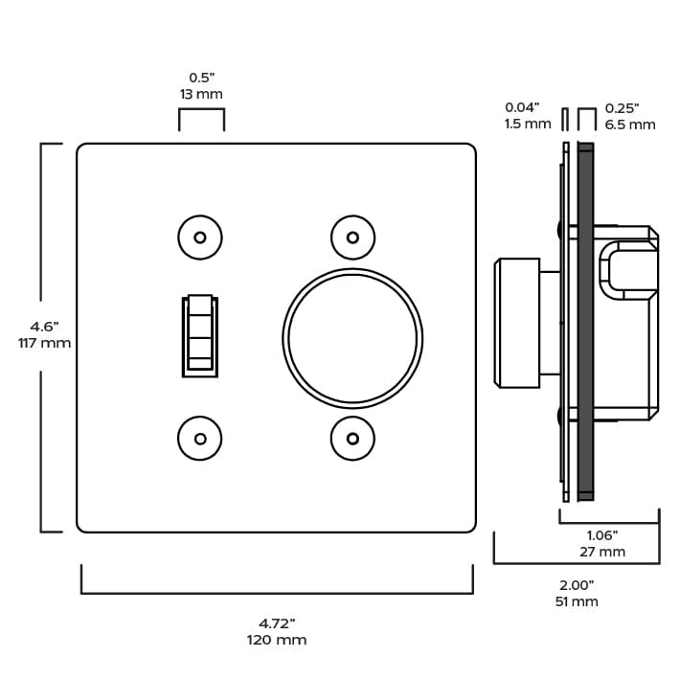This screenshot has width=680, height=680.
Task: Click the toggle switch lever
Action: [199, 333]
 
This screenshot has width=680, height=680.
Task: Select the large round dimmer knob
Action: [352, 337]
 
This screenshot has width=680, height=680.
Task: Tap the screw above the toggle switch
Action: [200, 238]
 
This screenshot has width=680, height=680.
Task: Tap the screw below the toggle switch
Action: [200, 439]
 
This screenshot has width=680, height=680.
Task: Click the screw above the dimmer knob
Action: [352, 238]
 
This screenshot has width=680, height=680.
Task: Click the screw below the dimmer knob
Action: [352, 439]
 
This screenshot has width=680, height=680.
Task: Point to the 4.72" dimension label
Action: [277, 623]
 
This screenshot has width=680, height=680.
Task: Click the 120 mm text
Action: [277, 640]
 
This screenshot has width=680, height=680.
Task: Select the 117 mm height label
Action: [44, 343]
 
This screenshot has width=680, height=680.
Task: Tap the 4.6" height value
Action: [44, 326]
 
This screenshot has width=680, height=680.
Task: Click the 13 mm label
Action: [201, 94]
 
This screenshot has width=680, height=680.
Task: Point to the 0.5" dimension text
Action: [201, 77]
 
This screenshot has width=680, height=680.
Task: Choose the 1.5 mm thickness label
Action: [528, 125]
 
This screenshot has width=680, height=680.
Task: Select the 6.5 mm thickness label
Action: [630, 125]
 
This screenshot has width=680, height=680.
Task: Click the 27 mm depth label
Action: [602, 552]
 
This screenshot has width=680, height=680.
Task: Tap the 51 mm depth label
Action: [577, 601]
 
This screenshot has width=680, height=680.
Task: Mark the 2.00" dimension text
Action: [577, 584]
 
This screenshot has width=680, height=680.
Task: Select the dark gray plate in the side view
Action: [585, 321]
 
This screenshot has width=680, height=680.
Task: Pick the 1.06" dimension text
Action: [602, 534]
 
